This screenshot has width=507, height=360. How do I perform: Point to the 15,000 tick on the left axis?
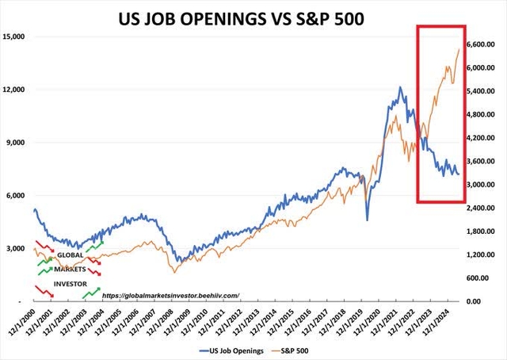tap(16, 36)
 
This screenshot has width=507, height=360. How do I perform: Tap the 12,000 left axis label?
tap(16, 90)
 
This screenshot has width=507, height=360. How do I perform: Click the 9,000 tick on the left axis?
tap(18, 143)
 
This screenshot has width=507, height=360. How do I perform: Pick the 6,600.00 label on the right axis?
tap(482, 44)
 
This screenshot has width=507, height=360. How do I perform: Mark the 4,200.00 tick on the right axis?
tap(482, 138)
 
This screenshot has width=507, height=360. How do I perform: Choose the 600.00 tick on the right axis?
tap(483, 278)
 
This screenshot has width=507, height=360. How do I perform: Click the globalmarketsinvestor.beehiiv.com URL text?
tap(170, 295)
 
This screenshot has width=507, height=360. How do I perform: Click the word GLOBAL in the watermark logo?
tap(70, 255)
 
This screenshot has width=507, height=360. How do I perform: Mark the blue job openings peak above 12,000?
tap(400, 87)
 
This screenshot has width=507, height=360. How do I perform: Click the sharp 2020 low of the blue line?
tap(367, 220)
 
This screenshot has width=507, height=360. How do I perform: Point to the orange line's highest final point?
tap(459, 50)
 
